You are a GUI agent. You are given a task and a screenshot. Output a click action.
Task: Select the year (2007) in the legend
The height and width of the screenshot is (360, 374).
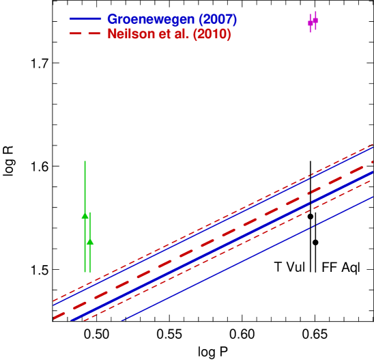pyautogui.click(x=217, y=19)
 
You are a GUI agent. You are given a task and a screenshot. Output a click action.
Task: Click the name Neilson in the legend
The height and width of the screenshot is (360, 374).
pyautogui.click(x=130, y=34)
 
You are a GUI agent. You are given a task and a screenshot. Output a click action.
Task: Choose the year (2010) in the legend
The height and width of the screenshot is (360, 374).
pyautogui.click(x=212, y=34)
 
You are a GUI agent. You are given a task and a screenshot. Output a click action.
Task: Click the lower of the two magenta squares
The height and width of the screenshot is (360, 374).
pyautogui.click(x=311, y=23)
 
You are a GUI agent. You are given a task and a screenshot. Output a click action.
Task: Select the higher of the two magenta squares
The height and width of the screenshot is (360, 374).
pyautogui.click(x=315, y=20)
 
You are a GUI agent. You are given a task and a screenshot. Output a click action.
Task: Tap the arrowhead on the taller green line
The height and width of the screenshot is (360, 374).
pyautogui.click(x=85, y=215)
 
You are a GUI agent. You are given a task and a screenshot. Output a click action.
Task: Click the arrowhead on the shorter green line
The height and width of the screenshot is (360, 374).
pyautogui.click(x=90, y=241)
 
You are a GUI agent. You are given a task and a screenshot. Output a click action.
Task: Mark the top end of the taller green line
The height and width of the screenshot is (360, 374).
pyautogui.click(x=85, y=162)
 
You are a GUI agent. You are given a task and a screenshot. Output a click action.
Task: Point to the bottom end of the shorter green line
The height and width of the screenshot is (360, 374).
pyautogui.click(x=90, y=272)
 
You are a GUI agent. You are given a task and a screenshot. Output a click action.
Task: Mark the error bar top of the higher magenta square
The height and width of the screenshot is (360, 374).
pyautogui.click(x=315, y=12)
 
